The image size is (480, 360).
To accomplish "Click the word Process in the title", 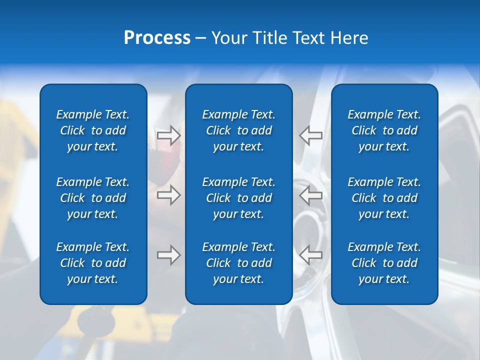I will [x=157, y=38].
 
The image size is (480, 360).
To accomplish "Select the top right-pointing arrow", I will [x=168, y=135].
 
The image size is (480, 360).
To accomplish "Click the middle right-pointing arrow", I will [x=168, y=195].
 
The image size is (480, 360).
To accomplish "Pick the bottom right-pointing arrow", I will [x=168, y=255].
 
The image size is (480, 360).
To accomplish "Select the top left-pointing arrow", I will [x=311, y=135].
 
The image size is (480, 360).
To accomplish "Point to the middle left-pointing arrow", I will [x=311, y=195].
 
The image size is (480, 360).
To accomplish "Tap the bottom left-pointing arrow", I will [x=311, y=255].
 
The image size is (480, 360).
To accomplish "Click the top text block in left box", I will [x=93, y=130].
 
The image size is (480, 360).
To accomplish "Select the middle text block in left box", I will [x=93, y=198].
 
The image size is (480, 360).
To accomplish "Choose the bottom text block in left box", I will [x=93, y=263].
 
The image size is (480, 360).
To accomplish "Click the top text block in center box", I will [x=238, y=130].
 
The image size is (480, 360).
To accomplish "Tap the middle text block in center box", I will [x=238, y=198].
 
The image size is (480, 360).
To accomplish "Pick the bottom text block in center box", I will [x=238, y=263].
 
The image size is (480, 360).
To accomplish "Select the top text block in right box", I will [x=384, y=130].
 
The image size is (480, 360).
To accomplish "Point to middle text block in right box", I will [x=384, y=198].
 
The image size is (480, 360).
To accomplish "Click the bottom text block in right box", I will [x=384, y=263].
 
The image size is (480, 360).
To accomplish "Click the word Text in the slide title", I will [x=308, y=38].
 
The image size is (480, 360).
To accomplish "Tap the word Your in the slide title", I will [x=228, y=38].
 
